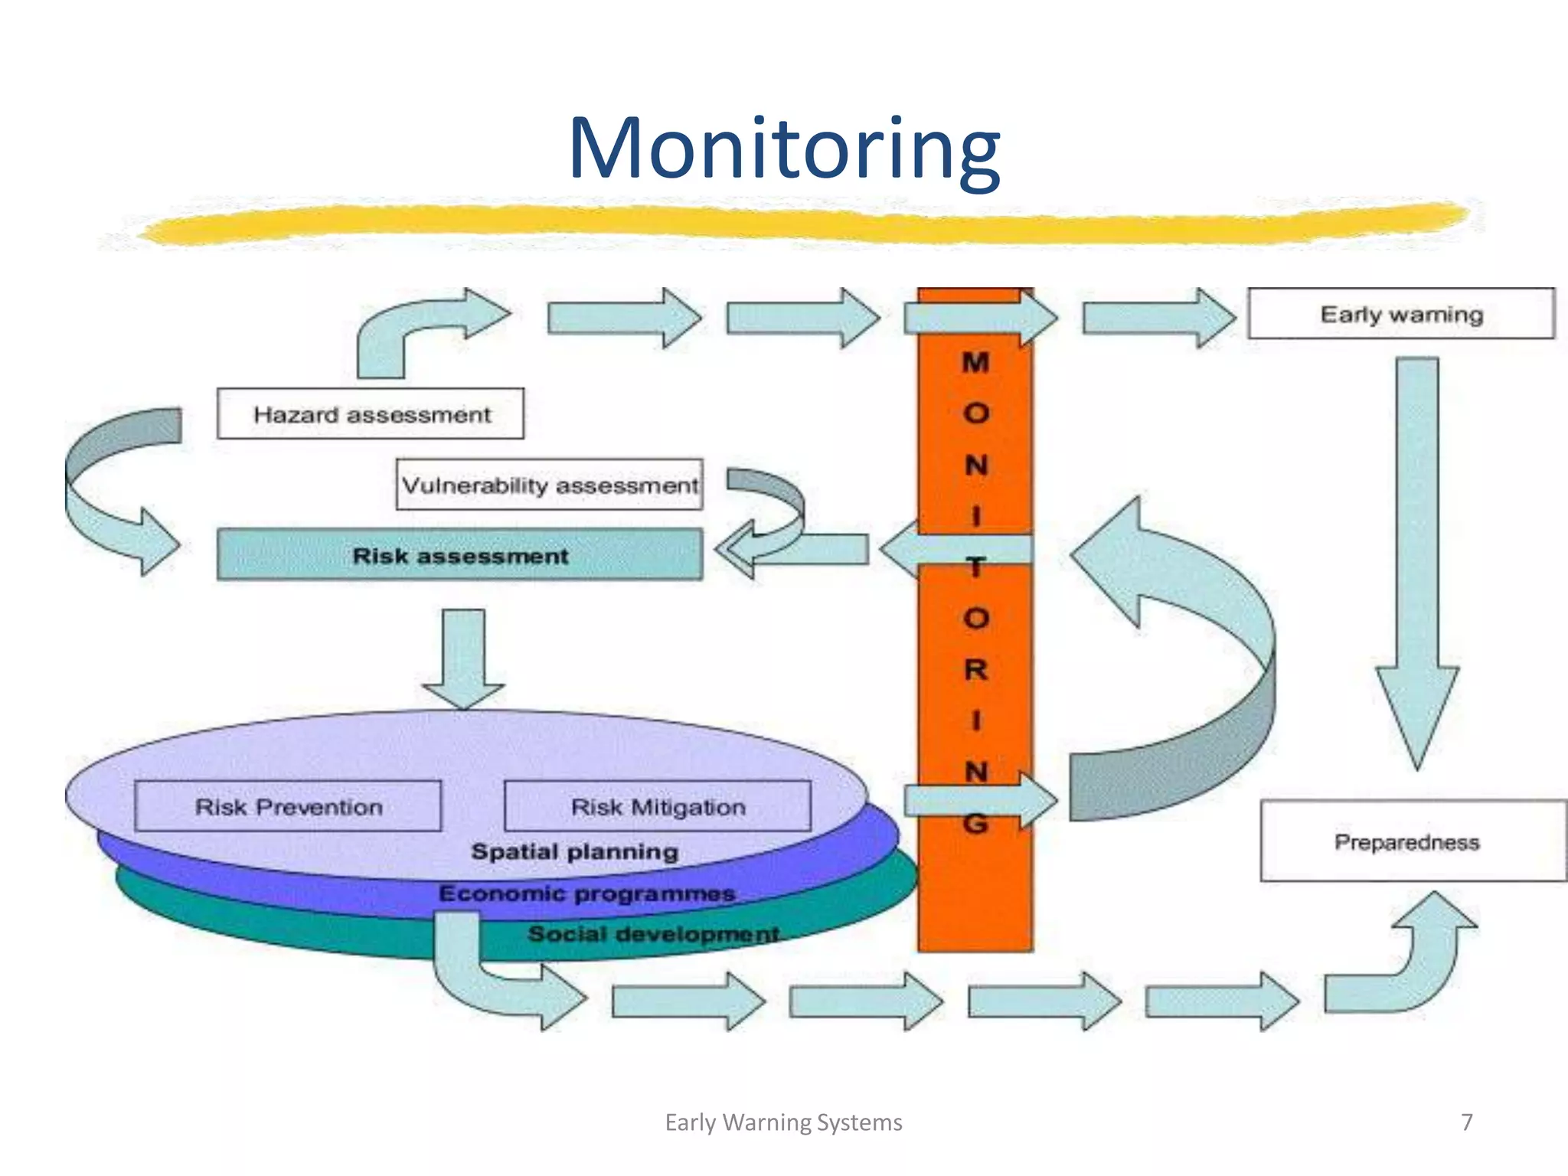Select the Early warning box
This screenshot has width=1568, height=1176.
point(1401,314)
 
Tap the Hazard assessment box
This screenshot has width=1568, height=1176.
point(371,414)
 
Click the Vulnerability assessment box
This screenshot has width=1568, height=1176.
point(550,485)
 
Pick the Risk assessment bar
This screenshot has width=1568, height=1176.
point(459,555)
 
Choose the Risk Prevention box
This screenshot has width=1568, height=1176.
point(288,807)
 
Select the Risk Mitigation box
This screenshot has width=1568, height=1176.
point(658,807)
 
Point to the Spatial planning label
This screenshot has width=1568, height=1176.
point(575,852)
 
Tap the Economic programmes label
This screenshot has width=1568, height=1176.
point(587,893)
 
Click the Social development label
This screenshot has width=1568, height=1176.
point(653,934)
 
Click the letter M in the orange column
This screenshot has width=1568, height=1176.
point(975,362)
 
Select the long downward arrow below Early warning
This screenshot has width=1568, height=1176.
point(1417,551)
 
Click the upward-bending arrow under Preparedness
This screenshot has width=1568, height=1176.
point(1416,965)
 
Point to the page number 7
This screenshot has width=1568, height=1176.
point(1466,1122)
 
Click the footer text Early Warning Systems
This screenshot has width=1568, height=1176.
point(783,1122)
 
